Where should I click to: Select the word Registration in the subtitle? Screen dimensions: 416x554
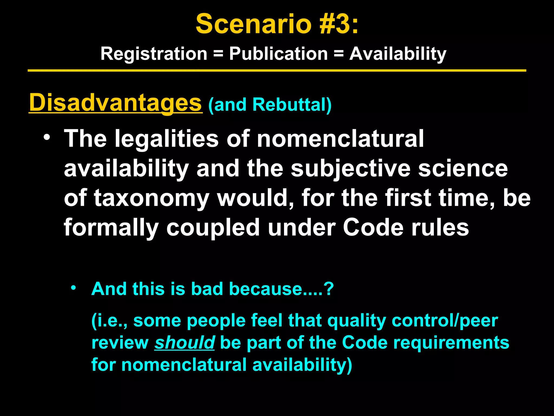[154, 54]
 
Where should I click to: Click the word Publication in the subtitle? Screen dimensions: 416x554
[278, 54]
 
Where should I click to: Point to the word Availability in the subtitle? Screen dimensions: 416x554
[398, 54]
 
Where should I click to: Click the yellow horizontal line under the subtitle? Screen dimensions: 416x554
[277, 71]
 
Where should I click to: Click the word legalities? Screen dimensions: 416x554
[166, 139]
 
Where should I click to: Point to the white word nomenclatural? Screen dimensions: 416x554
[340, 139]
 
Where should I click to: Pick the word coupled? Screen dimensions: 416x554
[213, 228]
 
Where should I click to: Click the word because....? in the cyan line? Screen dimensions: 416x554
[281, 289]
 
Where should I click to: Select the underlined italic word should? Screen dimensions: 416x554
[184, 343]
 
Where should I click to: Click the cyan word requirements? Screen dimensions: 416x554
[451, 343]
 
